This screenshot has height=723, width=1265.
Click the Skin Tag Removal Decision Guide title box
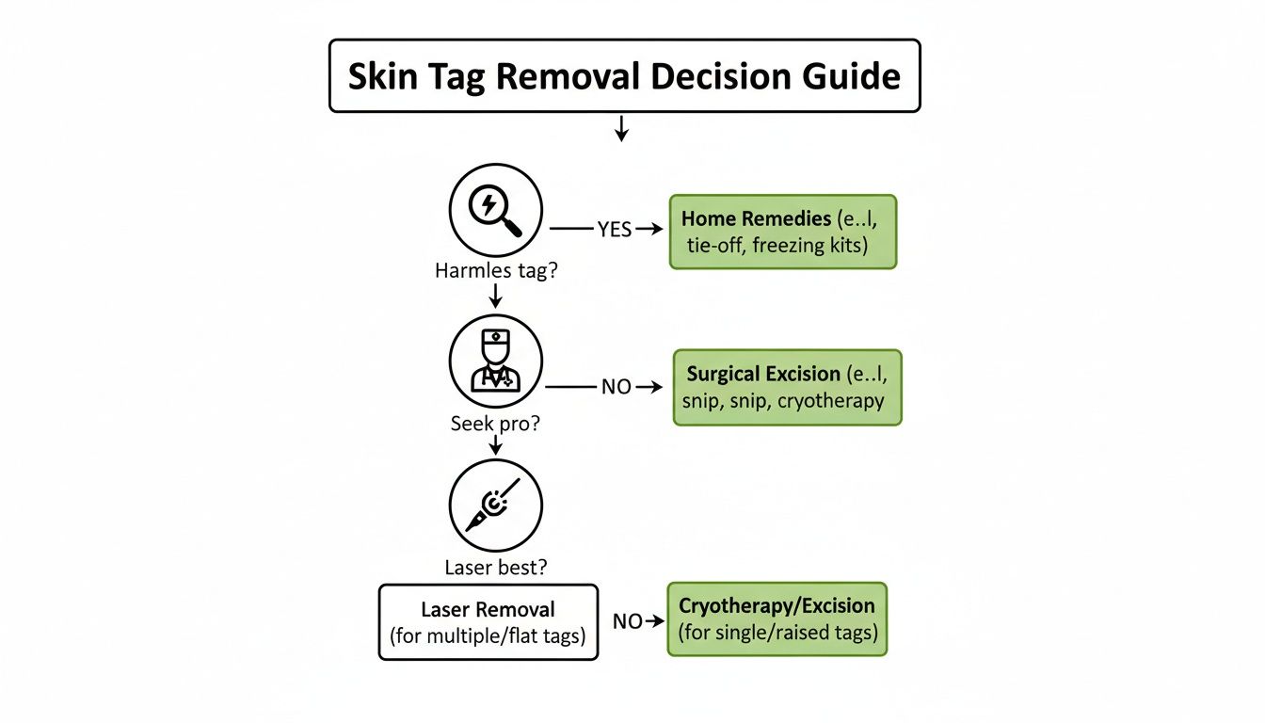point(623,76)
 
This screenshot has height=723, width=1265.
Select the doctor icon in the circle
point(496,361)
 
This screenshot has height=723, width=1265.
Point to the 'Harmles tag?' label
point(496,270)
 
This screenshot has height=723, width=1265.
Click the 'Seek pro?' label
point(496,423)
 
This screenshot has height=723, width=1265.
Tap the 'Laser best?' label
point(496,568)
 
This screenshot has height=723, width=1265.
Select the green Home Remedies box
point(783,232)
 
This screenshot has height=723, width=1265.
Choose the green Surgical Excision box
point(787,387)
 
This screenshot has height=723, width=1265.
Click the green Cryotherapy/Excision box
point(777,619)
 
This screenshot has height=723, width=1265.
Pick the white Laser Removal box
point(488,621)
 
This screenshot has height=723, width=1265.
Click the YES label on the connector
point(614,229)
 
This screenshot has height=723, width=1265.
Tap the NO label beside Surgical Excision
point(616,387)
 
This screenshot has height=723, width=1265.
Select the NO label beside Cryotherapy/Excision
point(628,621)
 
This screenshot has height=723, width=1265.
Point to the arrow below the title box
point(620,128)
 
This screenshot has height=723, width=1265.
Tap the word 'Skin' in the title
point(384,76)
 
